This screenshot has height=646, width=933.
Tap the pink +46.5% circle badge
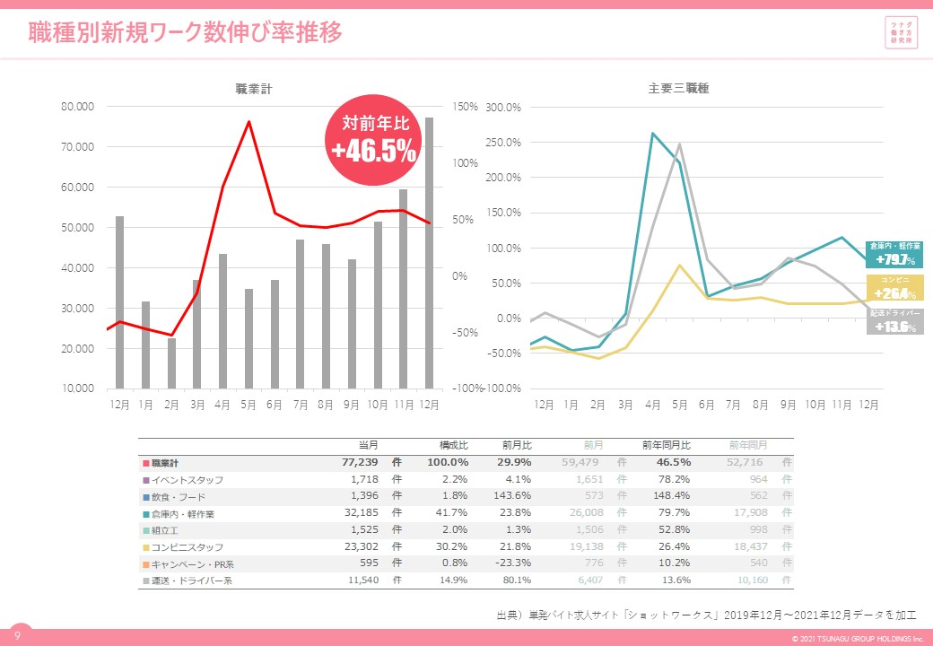pos(373,140)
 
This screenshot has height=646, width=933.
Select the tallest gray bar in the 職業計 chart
pos(429,251)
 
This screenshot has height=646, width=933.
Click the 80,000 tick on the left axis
pos(78,107)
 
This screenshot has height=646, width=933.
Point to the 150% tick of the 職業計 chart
pos(465,107)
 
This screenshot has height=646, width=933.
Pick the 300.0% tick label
pos(502,108)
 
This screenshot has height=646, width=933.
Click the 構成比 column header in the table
pos(452,445)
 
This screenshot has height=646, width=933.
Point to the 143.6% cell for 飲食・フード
pos(513,497)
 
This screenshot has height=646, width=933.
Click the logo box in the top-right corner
pos(901,33)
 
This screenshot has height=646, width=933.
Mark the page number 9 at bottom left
pos(16,636)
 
